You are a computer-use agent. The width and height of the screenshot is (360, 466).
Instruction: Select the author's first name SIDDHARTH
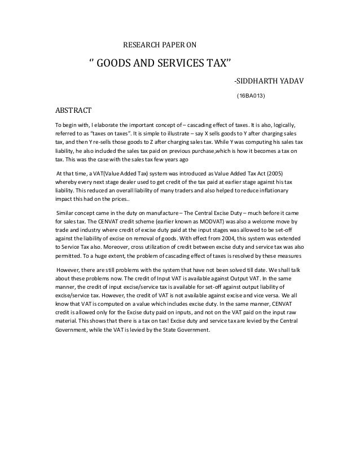pos(261,82)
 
